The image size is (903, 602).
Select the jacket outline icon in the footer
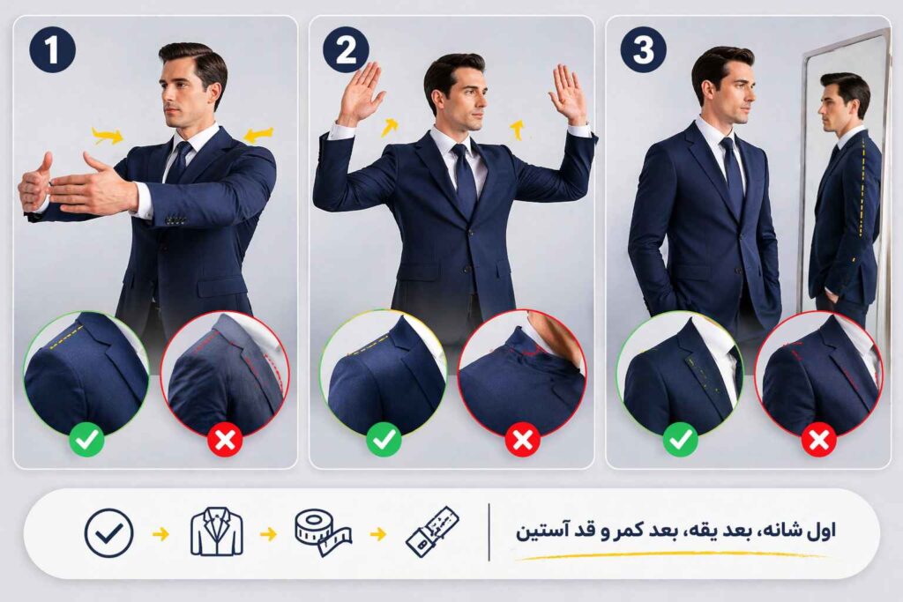(215, 532)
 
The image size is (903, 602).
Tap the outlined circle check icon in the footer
(108, 533)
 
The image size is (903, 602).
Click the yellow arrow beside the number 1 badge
(108, 135)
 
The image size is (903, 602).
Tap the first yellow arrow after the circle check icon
(160, 533)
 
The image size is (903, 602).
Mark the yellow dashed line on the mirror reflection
(862, 190)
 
